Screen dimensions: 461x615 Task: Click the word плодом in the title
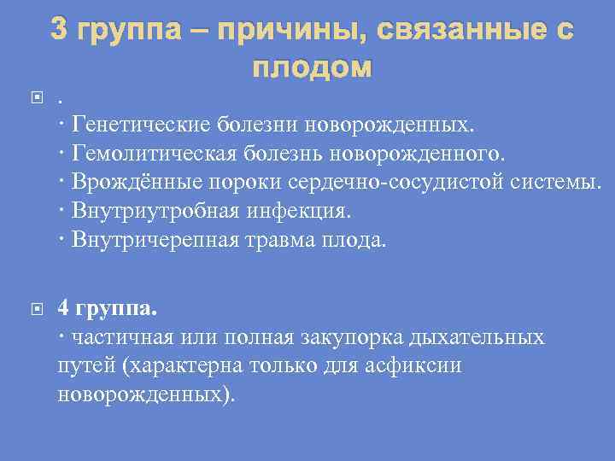point(312,67)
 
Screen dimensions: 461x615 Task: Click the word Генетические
point(141,125)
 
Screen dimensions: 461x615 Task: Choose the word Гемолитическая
point(151,155)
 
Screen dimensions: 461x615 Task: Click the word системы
point(559,183)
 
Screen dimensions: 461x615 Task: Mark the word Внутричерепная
point(152,240)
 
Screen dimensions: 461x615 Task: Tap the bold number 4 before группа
point(64,308)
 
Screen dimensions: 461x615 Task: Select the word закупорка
point(358,336)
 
